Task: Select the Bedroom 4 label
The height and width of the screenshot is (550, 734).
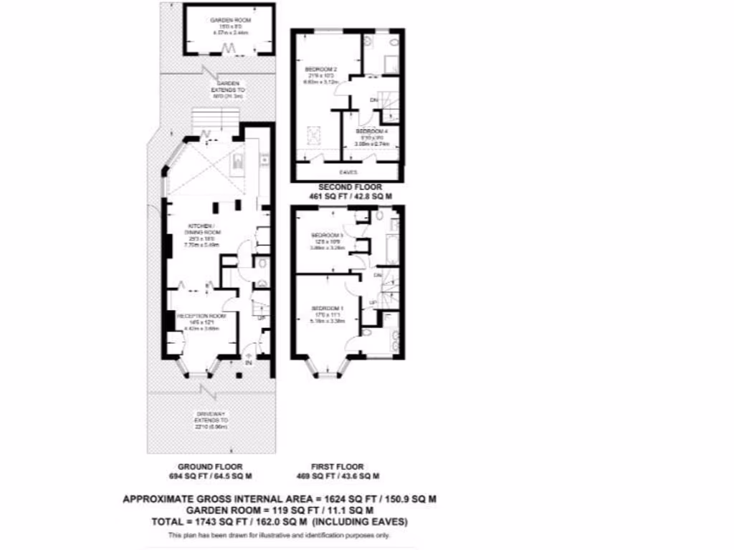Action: click(x=373, y=132)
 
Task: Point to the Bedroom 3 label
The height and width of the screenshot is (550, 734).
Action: click(x=328, y=235)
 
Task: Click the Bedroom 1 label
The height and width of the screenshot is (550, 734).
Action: click(x=327, y=307)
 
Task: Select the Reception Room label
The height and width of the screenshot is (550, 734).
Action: click(x=201, y=316)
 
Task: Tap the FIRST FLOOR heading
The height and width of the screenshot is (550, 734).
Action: click(x=334, y=465)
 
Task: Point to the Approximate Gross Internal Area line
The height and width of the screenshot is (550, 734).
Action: click(x=280, y=498)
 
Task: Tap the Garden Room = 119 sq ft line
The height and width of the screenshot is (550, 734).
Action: click(x=280, y=510)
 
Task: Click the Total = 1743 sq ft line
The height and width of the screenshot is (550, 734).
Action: click(x=280, y=521)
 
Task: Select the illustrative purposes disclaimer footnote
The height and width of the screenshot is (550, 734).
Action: click(x=280, y=536)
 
